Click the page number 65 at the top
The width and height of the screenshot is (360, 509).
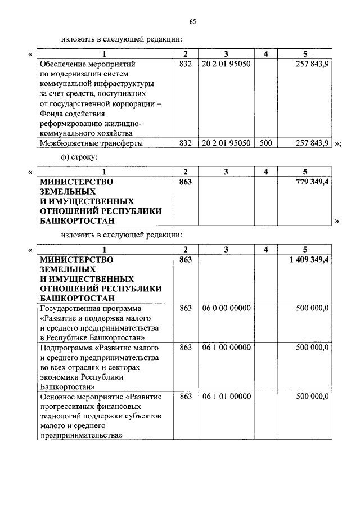pyautogui.click(x=192, y=22)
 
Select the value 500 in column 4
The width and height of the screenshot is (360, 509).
pyautogui.click(x=265, y=143)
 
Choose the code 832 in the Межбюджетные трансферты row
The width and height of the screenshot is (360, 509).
pyautogui.click(x=186, y=143)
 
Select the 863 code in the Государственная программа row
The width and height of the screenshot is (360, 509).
pyautogui.click(x=186, y=308)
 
